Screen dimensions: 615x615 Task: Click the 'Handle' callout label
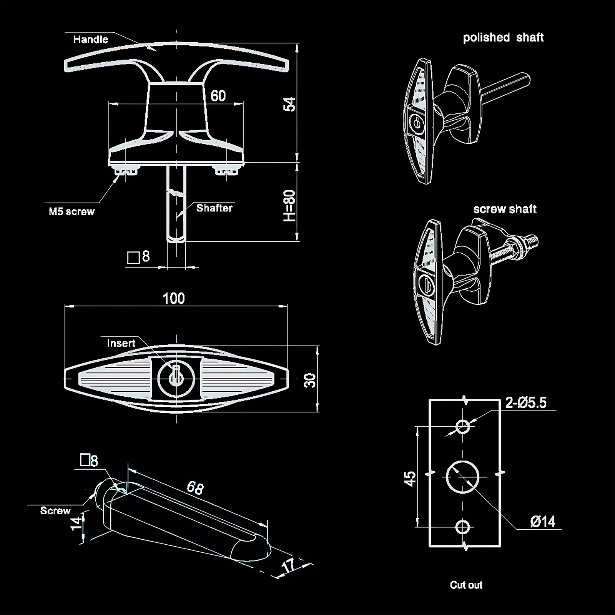(x=91, y=39)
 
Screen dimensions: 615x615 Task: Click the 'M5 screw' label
(x=71, y=211)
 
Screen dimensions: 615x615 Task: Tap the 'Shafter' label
(x=214, y=208)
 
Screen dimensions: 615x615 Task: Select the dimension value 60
(x=218, y=96)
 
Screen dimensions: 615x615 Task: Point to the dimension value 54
(x=289, y=104)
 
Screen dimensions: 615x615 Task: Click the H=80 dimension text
(x=289, y=206)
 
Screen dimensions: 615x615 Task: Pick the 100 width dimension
(x=174, y=298)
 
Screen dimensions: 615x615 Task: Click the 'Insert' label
(x=121, y=343)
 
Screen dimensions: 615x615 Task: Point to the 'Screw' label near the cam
(x=55, y=511)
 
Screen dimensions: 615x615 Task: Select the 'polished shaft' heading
(x=503, y=38)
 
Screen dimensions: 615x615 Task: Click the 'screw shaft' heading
(x=505, y=209)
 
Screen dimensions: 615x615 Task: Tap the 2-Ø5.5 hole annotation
(x=525, y=402)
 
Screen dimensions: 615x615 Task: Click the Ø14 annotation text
(x=543, y=522)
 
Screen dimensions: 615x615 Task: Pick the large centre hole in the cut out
(x=463, y=477)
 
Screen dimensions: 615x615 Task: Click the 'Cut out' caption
(x=466, y=585)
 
